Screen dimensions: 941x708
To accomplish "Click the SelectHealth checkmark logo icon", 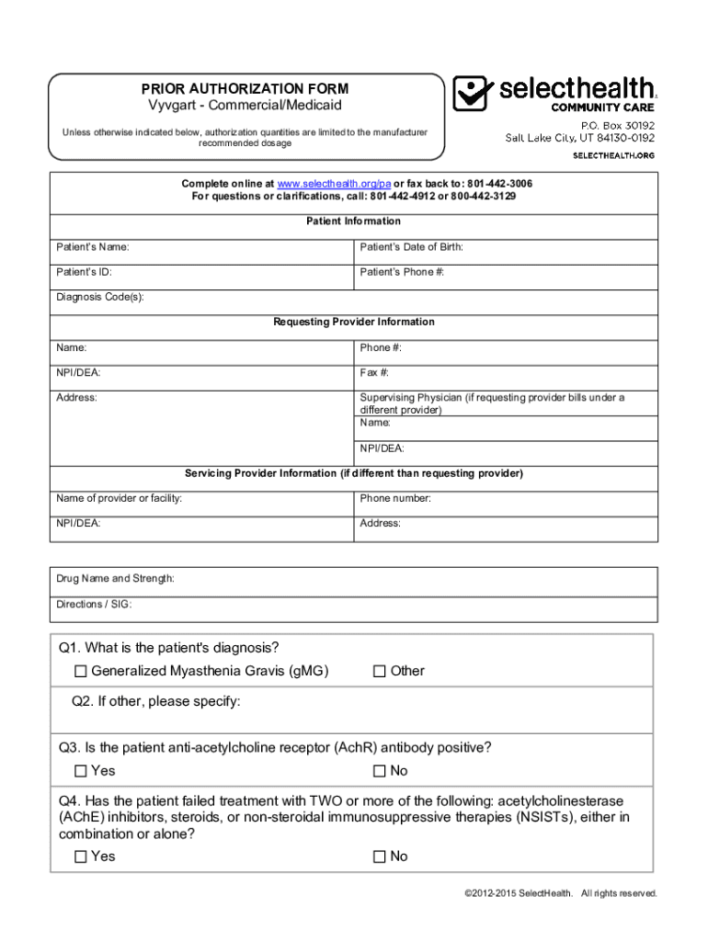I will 474,93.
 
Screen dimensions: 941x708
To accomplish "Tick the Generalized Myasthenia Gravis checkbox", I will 81,672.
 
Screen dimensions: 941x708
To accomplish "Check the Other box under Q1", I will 379,672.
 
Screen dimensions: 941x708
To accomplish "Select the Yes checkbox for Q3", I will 81,771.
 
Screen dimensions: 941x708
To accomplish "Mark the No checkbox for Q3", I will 379,771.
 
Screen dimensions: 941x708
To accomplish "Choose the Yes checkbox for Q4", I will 81,857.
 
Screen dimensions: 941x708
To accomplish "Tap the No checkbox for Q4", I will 379,857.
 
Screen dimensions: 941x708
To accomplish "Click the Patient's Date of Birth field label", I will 411,247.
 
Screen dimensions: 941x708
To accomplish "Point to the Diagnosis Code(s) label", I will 100,298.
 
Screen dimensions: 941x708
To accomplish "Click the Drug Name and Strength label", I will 115,579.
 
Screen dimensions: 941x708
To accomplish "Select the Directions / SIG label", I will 94,605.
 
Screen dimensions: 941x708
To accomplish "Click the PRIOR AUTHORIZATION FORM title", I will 245,89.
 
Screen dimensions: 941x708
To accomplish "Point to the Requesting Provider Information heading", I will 354,323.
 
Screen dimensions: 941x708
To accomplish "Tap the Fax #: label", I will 374,373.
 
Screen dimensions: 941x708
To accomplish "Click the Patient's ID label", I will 85,273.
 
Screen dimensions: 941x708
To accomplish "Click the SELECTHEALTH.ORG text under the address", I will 614,155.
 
